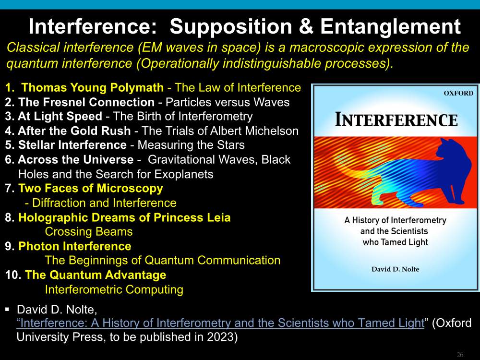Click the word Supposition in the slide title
pos(231,27)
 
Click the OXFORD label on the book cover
pos(458,93)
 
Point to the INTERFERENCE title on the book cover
pos(396,120)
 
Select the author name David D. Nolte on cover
pos(395,269)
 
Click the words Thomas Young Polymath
pos(93,87)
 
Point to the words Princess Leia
pos(192,217)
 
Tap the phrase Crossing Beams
pos(89,232)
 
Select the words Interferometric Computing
pos(114,289)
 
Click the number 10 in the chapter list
pos(12,275)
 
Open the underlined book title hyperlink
pos(220,323)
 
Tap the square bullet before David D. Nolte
pos(7,310)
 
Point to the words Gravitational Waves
pos(203,159)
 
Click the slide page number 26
pos(460,355)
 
